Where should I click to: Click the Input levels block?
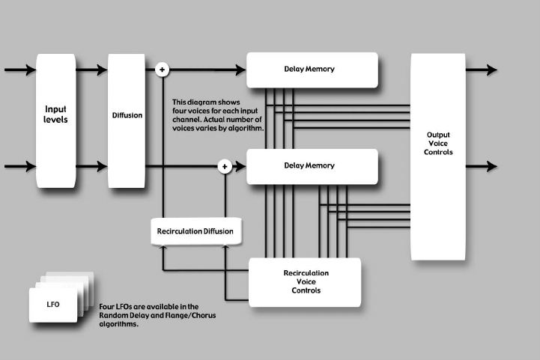[x=56, y=120]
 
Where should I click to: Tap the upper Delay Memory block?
[x=312, y=70]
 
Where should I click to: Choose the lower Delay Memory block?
[x=312, y=165]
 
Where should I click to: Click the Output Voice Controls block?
[x=438, y=156]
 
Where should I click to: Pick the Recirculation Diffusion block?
[x=195, y=231]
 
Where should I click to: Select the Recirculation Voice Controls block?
[x=306, y=281]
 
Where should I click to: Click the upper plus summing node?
[x=162, y=70]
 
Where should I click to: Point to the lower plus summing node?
[x=224, y=166]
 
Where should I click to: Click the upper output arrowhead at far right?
[x=491, y=70]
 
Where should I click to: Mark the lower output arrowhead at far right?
[x=491, y=166]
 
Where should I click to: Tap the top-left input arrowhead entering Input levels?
[x=30, y=70]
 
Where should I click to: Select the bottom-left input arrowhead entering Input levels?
[x=30, y=166]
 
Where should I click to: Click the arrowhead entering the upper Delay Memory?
[x=240, y=70]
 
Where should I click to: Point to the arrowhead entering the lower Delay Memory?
[x=240, y=166]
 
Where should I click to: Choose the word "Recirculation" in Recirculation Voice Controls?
[x=306, y=272]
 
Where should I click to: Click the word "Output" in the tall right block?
[x=438, y=135]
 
